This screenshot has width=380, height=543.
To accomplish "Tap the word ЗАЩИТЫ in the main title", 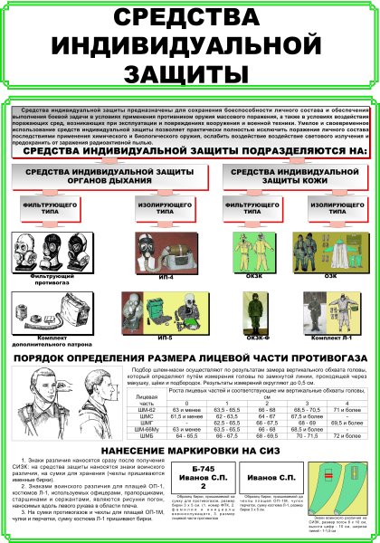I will pyautogui.click(x=189, y=71).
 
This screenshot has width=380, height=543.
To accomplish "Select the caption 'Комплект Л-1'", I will pyautogui.click(x=331, y=337).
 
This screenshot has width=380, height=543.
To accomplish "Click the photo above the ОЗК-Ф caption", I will pyautogui.click(x=254, y=307).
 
